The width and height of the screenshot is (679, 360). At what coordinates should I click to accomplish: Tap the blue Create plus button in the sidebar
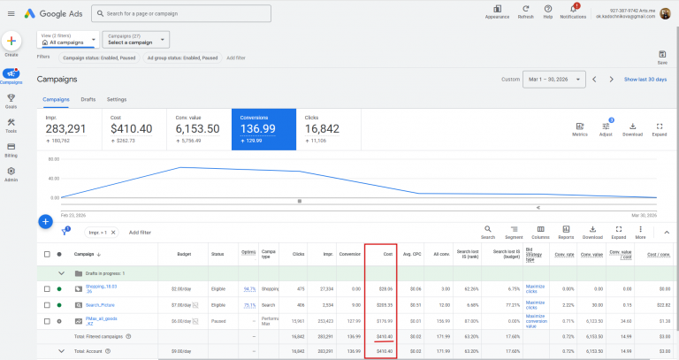pos(11,42)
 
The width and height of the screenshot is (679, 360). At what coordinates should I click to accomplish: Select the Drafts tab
pos(88,100)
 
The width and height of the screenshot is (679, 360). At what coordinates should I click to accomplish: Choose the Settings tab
pos(117,100)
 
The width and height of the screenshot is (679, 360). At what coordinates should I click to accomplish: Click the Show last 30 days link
pos(645,79)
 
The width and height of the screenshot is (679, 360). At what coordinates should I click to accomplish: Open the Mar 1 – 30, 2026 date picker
pos(553,79)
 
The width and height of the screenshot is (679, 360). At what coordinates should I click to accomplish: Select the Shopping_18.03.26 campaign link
pos(101,288)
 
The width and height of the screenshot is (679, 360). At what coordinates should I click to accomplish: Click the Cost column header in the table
pos(387,254)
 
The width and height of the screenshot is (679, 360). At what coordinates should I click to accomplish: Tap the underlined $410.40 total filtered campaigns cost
pos(385,336)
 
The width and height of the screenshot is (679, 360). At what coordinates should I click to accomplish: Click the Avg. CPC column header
pos(412,254)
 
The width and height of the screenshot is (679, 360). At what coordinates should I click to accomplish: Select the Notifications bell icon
pos(573,10)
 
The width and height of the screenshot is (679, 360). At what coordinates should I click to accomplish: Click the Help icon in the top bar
pos(548,10)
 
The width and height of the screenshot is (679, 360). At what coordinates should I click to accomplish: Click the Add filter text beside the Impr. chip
pos(140,232)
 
